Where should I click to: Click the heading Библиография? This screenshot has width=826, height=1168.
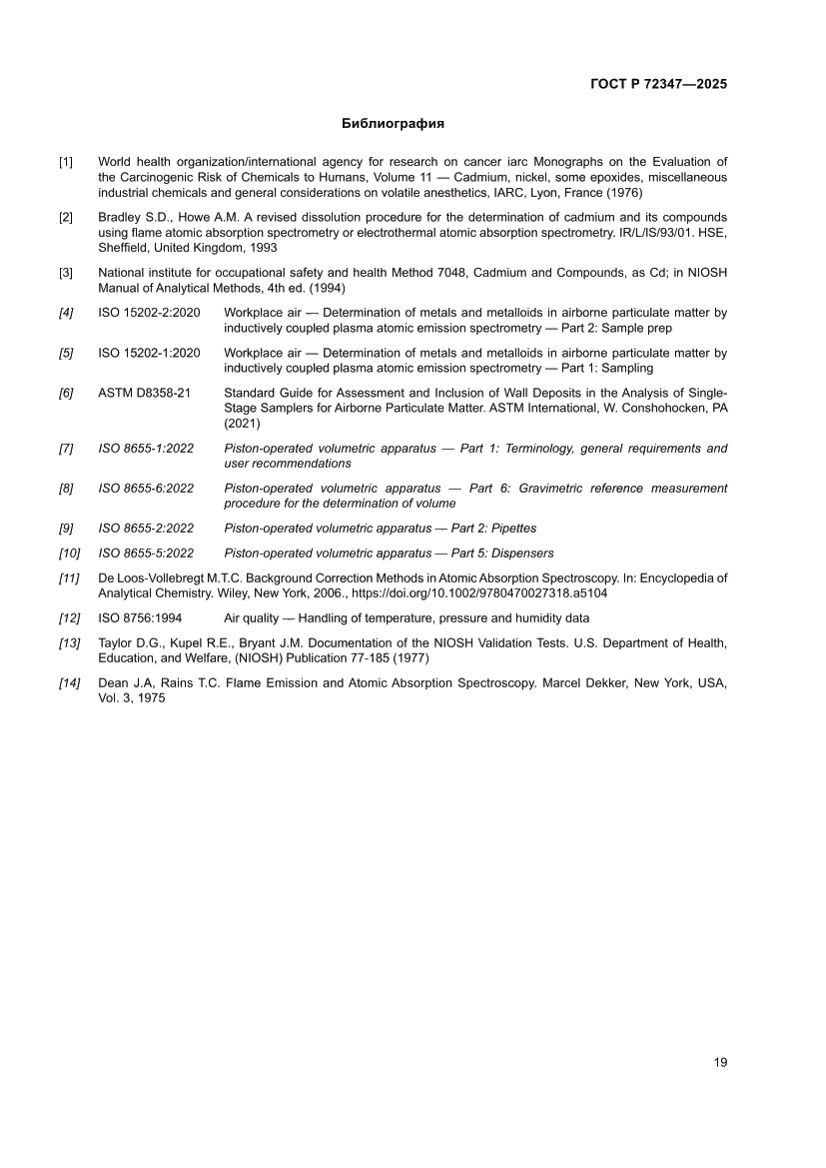point(393,125)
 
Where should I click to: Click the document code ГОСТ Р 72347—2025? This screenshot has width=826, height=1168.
point(659,84)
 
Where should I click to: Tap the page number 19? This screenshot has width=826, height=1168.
point(720,1062)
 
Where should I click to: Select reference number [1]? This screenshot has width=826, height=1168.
point(66,162)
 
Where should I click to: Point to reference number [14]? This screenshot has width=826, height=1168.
point(69,684)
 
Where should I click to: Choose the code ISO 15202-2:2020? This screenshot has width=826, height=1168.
point(149,313)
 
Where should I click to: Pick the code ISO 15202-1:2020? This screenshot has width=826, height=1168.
point(149,354)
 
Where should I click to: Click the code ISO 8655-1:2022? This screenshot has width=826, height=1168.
point(146,449)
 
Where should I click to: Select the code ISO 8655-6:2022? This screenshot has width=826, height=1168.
point(146,489)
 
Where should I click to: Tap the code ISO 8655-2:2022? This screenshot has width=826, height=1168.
point(146,529)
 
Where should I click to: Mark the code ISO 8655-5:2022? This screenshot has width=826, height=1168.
point(146,554)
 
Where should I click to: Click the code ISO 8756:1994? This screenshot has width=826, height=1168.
point(140,618)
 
